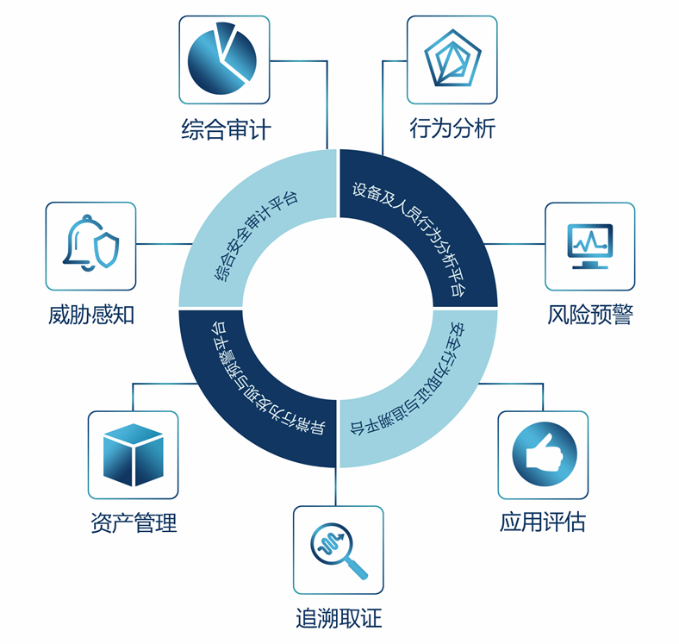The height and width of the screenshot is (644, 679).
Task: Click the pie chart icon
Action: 221,59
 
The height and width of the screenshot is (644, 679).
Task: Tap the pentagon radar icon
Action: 452,58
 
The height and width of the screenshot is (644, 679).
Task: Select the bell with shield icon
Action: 91,243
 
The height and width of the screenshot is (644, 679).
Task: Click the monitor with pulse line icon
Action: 589,246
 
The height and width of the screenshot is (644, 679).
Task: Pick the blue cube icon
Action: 134,454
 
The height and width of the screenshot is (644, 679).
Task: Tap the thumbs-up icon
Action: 545,454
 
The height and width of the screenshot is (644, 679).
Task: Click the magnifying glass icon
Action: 339,551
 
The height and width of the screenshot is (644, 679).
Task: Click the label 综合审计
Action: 226,129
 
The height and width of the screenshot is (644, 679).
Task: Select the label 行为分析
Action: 452,128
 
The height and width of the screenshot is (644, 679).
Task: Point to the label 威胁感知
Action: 91,315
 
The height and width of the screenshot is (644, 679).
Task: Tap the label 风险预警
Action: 590,314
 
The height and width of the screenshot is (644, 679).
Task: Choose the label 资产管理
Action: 134,522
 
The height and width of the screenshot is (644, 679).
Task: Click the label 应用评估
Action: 543,522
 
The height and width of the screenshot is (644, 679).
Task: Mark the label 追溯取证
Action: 339,617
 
